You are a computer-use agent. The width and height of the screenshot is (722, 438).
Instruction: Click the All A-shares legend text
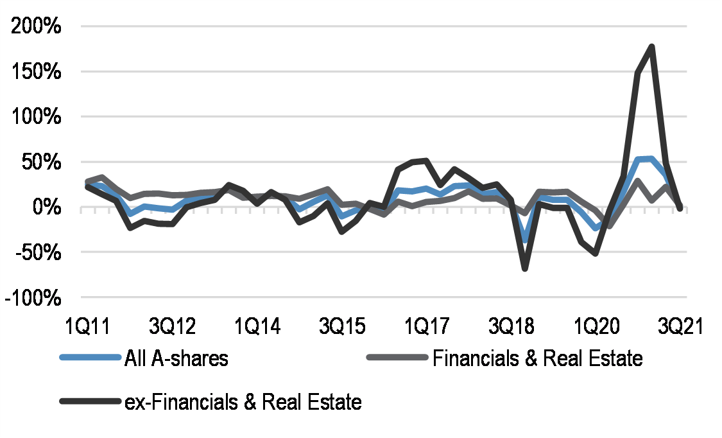[176, 358]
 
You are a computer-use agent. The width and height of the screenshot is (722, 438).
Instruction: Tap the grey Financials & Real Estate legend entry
[538, 358]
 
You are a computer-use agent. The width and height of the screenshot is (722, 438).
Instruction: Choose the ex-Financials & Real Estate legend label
[243, 402]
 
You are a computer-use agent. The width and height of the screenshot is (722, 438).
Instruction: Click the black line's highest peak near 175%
[651, 47]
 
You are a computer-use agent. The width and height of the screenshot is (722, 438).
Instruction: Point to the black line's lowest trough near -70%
[525, 268]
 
